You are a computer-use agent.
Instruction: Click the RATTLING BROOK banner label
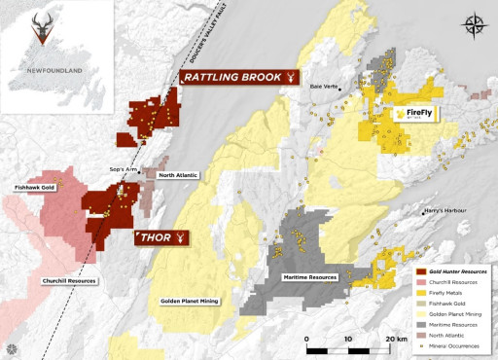[239, 77]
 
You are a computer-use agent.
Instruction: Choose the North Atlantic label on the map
[178, 175]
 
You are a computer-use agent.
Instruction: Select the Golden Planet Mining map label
[190, 301]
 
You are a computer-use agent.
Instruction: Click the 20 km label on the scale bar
[394, 339]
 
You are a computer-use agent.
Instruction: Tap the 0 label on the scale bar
[307, 339]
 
